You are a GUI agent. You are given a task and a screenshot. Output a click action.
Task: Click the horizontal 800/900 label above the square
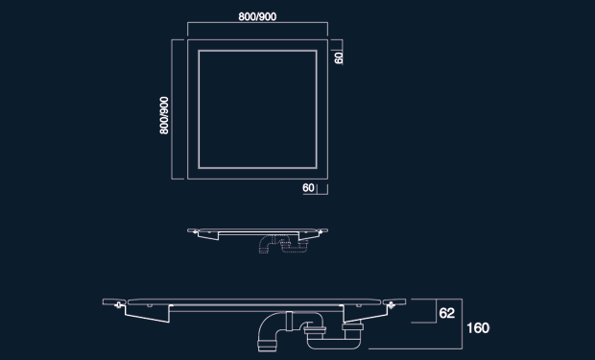[x=257, y=16]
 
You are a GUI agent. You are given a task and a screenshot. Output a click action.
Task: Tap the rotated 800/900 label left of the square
[x=164, y=115]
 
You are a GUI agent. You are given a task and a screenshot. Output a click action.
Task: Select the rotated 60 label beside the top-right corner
[x=339, y=58]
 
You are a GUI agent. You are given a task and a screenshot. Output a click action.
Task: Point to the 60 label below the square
[x=308, y=188]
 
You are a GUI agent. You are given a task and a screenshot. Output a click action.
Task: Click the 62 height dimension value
[x=446, y=313]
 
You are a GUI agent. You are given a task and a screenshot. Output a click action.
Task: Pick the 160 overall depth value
[x=478, y=328]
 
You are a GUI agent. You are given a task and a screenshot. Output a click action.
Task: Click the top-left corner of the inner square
[x=199, y=51]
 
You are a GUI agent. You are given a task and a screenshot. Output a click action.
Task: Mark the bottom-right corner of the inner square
[x=317, y=167]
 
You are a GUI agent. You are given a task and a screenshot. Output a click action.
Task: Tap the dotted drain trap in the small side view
[x=283, y=244]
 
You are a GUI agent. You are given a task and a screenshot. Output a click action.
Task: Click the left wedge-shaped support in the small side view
[x=208, y=235]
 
